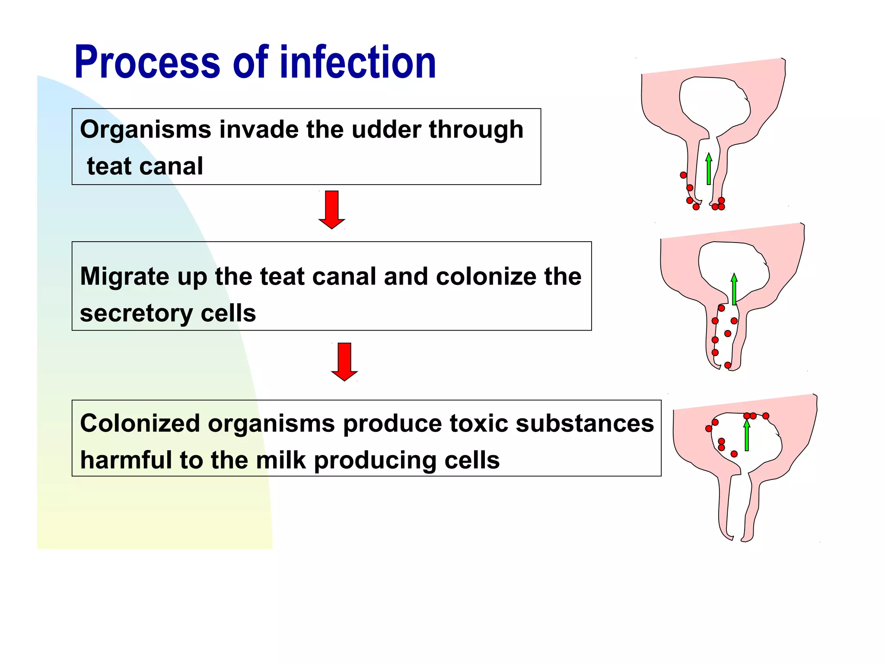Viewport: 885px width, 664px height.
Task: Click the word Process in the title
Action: point(147,63)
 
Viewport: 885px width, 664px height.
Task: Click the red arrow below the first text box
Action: point(331,210)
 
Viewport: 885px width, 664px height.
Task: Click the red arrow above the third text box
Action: point(344,362)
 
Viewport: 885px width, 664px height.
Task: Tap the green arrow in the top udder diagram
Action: point(709,169)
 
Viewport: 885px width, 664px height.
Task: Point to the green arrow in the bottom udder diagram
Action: point(747,435)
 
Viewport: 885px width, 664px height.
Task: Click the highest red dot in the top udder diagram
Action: point(683,175)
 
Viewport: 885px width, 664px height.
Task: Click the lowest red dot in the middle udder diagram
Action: point(728,365)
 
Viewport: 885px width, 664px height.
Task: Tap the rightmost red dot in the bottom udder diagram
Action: point(766,416)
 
